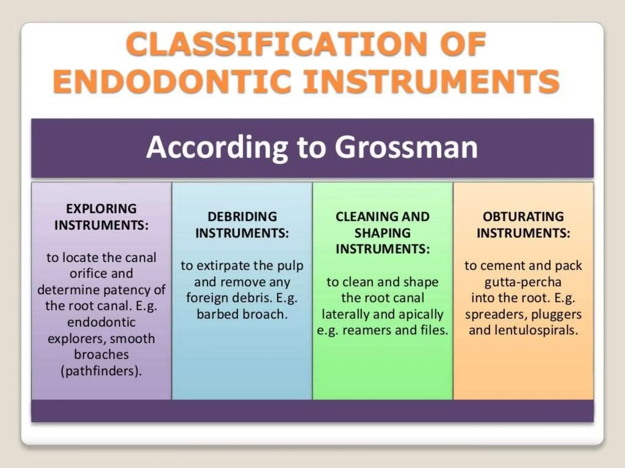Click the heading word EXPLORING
pyautogui.click(x=101, y=209)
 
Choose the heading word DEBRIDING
pyautogui.click(x=242, y=217)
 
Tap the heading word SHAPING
pyautogui.click(x=382, y=233)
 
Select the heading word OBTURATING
pyautogui.click(x=523, y=217)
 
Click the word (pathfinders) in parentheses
pyautogui.click(x=101, y=371)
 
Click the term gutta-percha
pyautogui.click(x=523, y=282)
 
